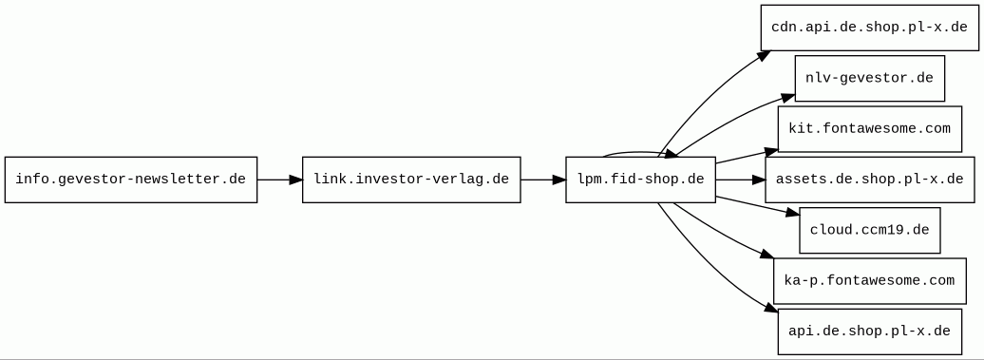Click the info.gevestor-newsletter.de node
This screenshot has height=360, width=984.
click(131, 180)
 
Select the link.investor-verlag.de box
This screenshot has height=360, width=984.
click(411, 180)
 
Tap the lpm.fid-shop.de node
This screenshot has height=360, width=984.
click(640, 180)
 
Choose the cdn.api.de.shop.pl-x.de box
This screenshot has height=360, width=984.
click(869, 28)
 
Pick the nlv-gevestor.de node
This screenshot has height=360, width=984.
click(869, 78)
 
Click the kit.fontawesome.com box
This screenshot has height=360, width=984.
click(869, 129)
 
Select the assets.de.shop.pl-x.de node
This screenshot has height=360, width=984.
click(869, 180)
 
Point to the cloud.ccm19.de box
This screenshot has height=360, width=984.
click(869, 230)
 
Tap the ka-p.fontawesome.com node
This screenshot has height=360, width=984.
click(869, 281)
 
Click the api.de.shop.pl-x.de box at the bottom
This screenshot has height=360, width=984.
click(869, 332)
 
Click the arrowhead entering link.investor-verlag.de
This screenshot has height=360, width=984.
click(294, 180)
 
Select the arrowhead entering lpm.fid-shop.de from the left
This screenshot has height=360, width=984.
click(558, 180)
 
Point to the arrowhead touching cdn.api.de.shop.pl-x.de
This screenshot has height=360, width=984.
click(762, 56)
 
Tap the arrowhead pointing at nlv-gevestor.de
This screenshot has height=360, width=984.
click(787, 96)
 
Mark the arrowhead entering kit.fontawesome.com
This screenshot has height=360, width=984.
click(769, 150)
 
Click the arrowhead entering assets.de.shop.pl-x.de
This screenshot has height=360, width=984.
click(757, 180)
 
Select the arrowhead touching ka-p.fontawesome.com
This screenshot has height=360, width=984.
click(766, 255)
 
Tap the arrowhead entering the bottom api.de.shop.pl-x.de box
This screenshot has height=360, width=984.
click(770, 309)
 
